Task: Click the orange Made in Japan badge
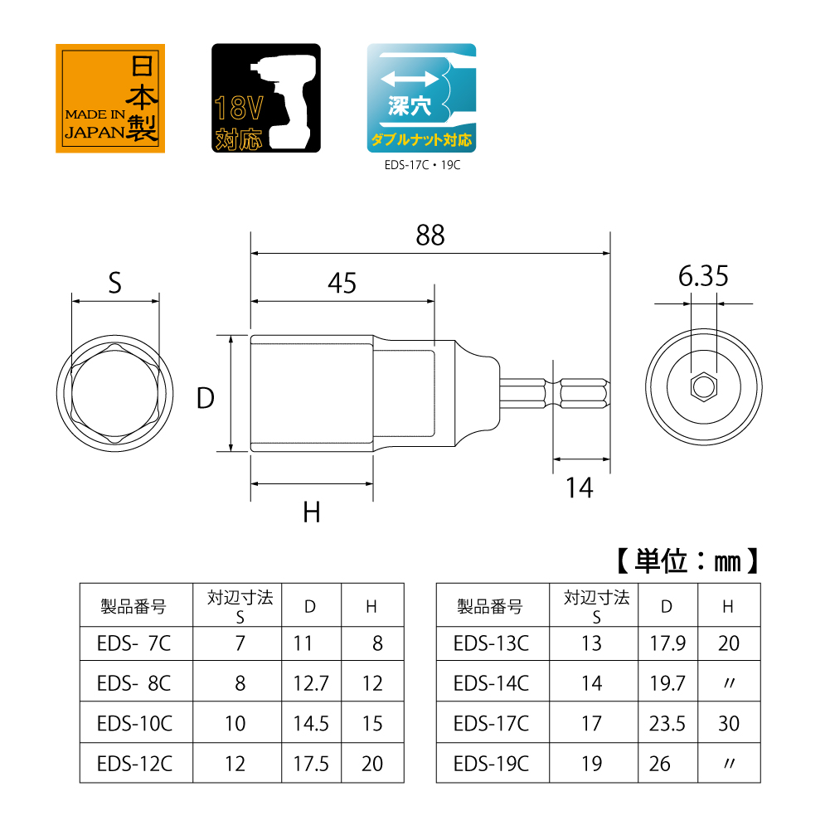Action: point(107,98)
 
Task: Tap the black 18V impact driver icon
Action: point(266,98)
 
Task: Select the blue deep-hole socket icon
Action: point(421,98)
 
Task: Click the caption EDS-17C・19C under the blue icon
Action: point(421,164)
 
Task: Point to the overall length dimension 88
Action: point(430,235)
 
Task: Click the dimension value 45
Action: point(342,284)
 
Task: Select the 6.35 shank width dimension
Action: point(703,276)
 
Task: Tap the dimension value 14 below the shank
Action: point(580,489)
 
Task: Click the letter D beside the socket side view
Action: point(205,399)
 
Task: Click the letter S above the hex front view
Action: point(114,284)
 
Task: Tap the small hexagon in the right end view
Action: point(703,387)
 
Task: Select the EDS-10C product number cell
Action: point(134,723)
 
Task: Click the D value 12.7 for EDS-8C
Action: point(311,683)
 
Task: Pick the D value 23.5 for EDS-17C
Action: point(667,723)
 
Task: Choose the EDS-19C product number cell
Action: point(491,763)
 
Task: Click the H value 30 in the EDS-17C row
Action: point(728,723)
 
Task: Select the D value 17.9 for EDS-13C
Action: point(667,643)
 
